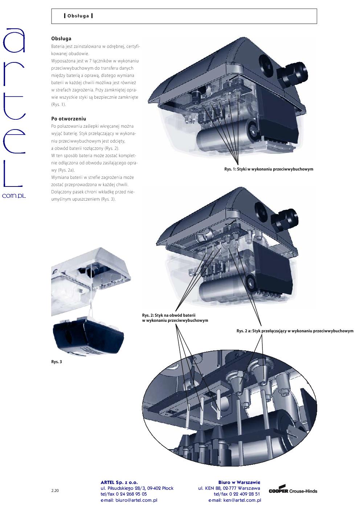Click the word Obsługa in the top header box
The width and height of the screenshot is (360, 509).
pyautogui.click(x=78, y=16)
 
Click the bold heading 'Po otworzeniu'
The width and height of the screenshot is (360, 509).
pyautogui.click(x=69, y=119)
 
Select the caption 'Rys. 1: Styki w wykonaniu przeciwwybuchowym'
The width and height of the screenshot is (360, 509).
pyautogui.click(x=269, y=169)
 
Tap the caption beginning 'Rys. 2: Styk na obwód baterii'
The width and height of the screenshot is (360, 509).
pyautogui.click(x=175, y=318)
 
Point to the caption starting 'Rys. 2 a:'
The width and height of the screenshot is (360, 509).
pyautogui.click(x=295, y=331)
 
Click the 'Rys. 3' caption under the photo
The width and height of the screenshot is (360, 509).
pyautogui.click(x=57, y=362)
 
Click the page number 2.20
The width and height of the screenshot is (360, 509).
pyautogui.click(x=55, y=490)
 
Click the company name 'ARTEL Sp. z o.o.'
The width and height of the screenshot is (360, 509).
pyautogui.click(x=119, y=482)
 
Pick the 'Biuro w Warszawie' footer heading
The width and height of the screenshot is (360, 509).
pyautogui.click(x=239, y=482)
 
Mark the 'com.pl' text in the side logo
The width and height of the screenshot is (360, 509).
pyautogui.click(x=14, y=196)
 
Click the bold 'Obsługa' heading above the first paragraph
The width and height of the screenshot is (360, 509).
pyautogui.click(x=61, y=38)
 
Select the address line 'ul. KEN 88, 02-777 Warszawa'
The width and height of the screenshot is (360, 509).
pyautogui.click(x=229, y=488)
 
